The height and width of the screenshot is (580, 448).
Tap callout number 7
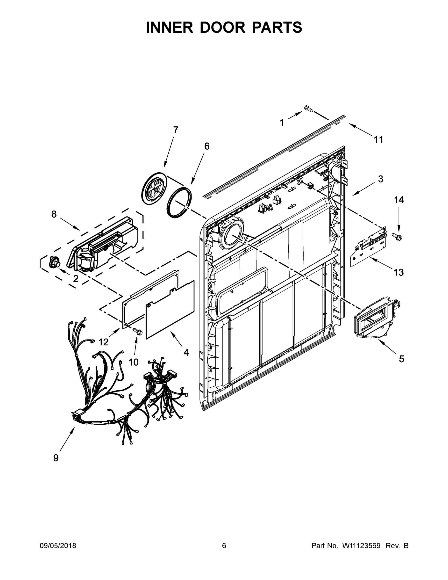point(176,130)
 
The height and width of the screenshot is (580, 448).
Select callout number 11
point(378,139)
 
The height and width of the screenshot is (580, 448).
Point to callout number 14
point(399,200)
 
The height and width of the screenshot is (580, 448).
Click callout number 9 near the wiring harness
point(56,458)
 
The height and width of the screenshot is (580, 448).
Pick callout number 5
point(402,359)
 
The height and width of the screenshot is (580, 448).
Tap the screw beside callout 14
point(397,236)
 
